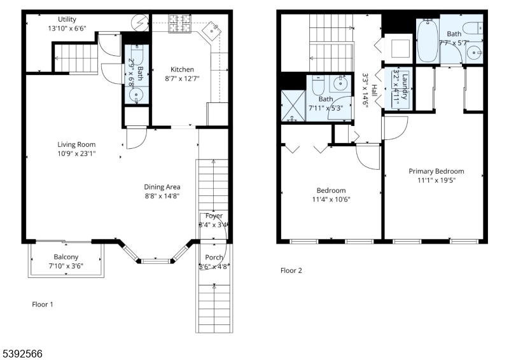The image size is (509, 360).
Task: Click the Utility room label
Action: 67,19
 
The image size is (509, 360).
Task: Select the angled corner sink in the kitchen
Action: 213,29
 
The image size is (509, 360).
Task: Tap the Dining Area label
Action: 162,187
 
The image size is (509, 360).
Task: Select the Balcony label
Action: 66,256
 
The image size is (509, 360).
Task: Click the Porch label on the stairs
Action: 214,258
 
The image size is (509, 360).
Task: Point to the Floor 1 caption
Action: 43,304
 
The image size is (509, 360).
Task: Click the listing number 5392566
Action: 22,352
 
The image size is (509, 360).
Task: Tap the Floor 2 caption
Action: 291,270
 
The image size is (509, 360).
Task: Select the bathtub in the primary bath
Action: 427,41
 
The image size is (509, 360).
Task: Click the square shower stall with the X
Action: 292,106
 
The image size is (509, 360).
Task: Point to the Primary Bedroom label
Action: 436,171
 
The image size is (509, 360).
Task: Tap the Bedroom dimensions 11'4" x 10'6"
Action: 331,200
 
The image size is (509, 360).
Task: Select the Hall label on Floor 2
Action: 375,92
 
